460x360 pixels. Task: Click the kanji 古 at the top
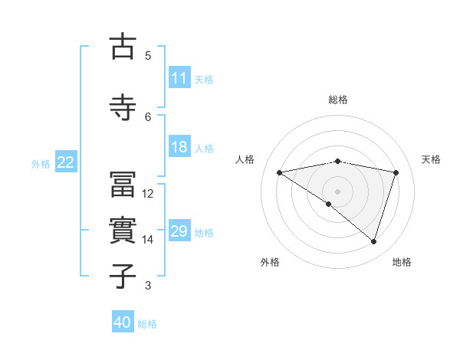pyautogui.click(x=123, y=47)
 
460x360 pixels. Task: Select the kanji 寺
pyautogui.click(x=123, y=107)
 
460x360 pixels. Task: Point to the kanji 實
pyautogui.click(x=123, y=231)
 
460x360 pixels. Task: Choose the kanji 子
pyautogui.click(x=123, y=276)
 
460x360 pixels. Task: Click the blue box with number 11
pyautogui.click(x=179, y=78)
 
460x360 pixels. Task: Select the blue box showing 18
pyautogui.click(x=179, y=148)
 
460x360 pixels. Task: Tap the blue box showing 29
pyautogui.click(x=179, y=232)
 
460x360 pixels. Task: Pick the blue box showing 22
pyautogui.click(x=66, y=162)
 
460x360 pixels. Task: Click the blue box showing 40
pyautogui.click(x=123, y=322)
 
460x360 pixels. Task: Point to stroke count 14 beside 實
pyautogui.click(x=148, y=240)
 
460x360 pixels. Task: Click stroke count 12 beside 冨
pyautogui.click(x=148, y=194)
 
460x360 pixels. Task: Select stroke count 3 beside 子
pyautogui.click(x=148, y=286)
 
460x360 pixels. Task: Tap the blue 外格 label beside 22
pyautogui.click(x=41, y=163)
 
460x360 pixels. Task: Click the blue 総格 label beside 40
pyautogui.click(x=147, y=323)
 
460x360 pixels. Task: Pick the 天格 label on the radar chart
pyautogui.click(x=432, y=159)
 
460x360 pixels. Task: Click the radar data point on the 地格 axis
pyautogui.click(x=373, y=241)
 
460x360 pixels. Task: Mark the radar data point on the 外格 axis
pyautogui.click(x=328, y=204)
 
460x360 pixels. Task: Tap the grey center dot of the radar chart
pyautogui.click(x=337, y=191)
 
